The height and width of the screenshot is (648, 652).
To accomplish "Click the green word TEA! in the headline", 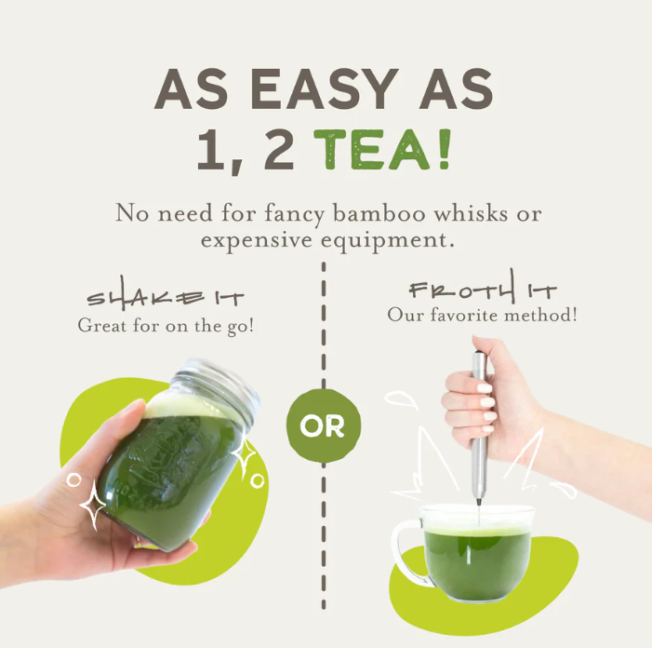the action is (382, 149).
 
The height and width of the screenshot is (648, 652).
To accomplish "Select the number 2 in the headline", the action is (279, 149).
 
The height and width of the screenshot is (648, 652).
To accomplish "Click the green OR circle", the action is (324, 425).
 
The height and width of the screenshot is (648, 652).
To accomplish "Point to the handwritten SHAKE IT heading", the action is (165, 294).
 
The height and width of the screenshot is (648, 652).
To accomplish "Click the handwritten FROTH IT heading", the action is (483, 287).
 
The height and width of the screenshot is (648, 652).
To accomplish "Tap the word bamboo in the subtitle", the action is (379, 214).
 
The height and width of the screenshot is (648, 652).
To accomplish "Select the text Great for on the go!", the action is (166, 326).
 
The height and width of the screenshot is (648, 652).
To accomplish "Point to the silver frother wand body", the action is (479, 428).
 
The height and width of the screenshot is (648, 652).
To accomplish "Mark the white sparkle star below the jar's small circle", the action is (92, 505).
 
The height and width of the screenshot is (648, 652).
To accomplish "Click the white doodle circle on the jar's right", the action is (257, 481).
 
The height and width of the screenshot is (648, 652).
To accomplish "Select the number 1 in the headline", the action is (211, 149).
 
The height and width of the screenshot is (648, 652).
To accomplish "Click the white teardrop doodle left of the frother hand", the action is (400, 398).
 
